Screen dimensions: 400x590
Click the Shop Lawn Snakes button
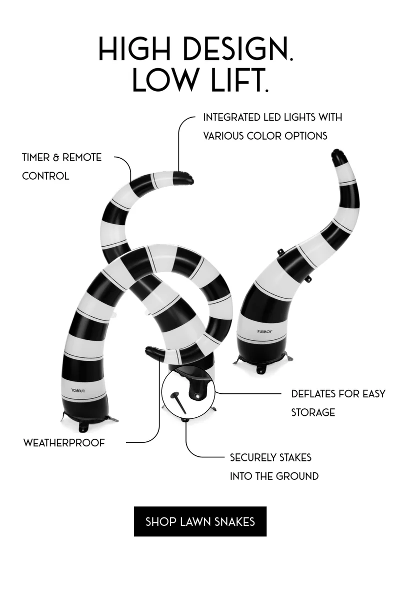click(200, 521)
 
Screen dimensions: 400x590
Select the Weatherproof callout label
click(64, 443)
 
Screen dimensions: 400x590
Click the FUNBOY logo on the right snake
click(265, 331)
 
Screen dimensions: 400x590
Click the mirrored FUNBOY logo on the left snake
click(78, 390)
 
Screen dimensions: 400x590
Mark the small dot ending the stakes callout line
click(184, 420)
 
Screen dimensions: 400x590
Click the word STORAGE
click(313, 412)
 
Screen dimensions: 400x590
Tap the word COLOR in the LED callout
click(264, 136)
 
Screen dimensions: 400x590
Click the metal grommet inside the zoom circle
click(197, 396)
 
